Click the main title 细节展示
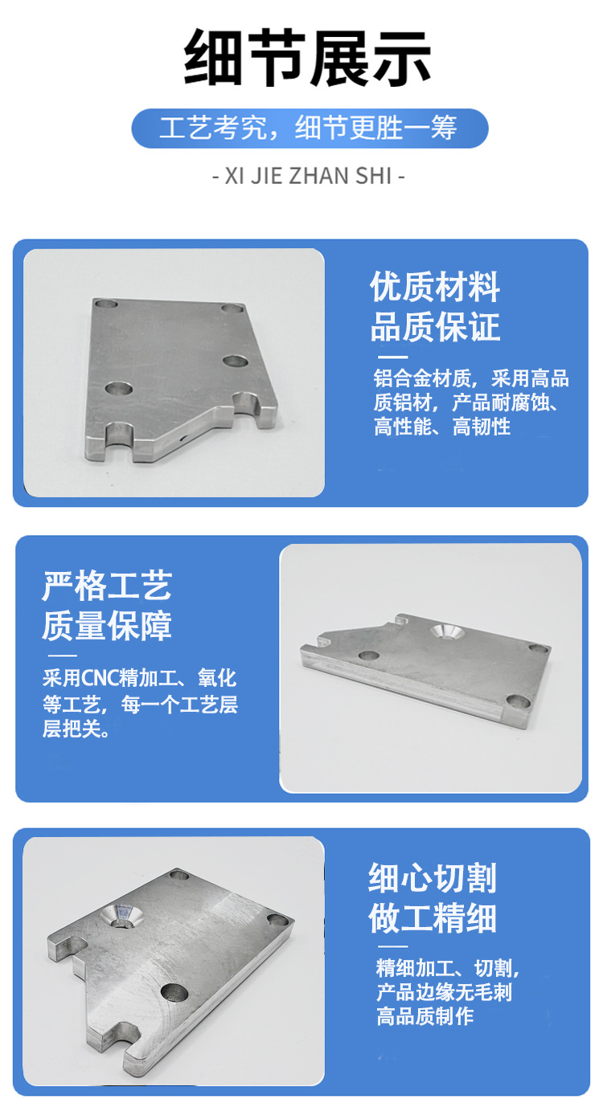(x=308, y=58)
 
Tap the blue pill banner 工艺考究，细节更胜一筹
(x=310, y=128)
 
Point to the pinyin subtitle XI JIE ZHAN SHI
(x=309, y=176)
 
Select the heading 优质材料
(x=435, y=287)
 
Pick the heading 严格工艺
(x=107, y=586)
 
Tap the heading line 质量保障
(x=107, y=626)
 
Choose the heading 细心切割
(x=433, y=877)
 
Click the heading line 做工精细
(x=433, y=917)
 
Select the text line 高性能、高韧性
(x=442, y=426)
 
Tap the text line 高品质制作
(x=425, y=1016)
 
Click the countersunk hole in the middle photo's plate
(x=445, y=631)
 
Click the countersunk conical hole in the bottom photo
(x=121, y=917)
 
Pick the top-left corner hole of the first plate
(x=105, y=304)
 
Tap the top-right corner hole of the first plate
(x=232, y=308)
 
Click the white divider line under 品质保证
(x=393, y=357)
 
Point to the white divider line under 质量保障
(x=63, y=656)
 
